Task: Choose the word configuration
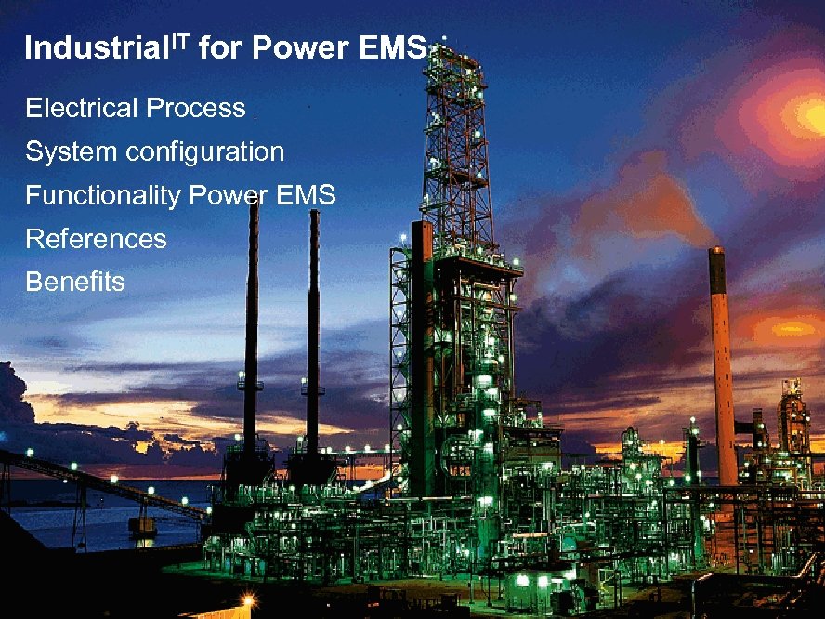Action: (x=195, y=152)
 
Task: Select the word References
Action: (x=96, y=239)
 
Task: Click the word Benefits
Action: (x=74, y=282)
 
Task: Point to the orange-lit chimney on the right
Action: (x=721, y=362)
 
